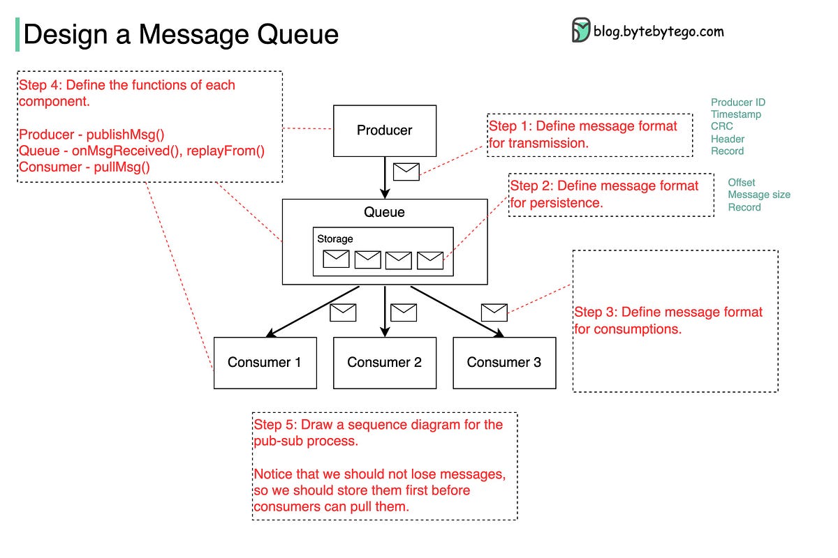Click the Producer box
point(385,130)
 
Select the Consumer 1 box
point(265,363)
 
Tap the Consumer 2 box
point(385,363)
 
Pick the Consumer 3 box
point(504,363)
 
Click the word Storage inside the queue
point(335,239)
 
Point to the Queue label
point(384,213)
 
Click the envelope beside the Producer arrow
point(406,172)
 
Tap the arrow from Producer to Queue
point(384,178)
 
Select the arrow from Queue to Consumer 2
point(385,310)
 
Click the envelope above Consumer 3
point(494,312)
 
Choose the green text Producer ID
point(738,103)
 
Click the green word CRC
point(721,127)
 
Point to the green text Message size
point(759,195)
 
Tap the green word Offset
point(742,183)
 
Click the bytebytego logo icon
point(580,31)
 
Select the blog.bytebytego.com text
point(659,31)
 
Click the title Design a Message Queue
point(181,34)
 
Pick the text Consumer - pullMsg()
point(84,167)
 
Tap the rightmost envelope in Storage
point(430,260)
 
